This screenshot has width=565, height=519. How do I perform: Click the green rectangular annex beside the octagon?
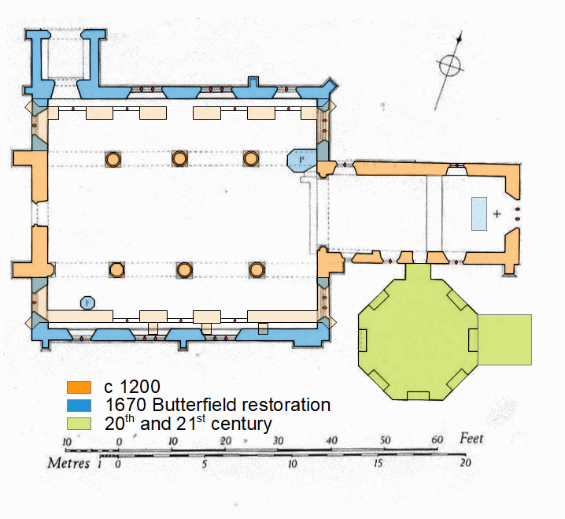(x=504, y=339)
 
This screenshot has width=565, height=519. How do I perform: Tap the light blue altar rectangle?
(x=479, y=213)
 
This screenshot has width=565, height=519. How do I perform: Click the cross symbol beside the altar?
(x=497, y=213)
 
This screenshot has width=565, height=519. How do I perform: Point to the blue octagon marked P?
(x=301, y=161)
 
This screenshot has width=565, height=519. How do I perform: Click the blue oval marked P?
(x=87, y=302)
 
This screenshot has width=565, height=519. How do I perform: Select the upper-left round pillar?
(x=113, y=159)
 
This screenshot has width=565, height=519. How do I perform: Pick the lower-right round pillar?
(x=256, y=270)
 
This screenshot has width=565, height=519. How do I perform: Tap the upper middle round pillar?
(x=180, y=159)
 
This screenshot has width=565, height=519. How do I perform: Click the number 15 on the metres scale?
(x=379, y=465)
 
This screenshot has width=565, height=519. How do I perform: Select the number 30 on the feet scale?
(x=278, y=439)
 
